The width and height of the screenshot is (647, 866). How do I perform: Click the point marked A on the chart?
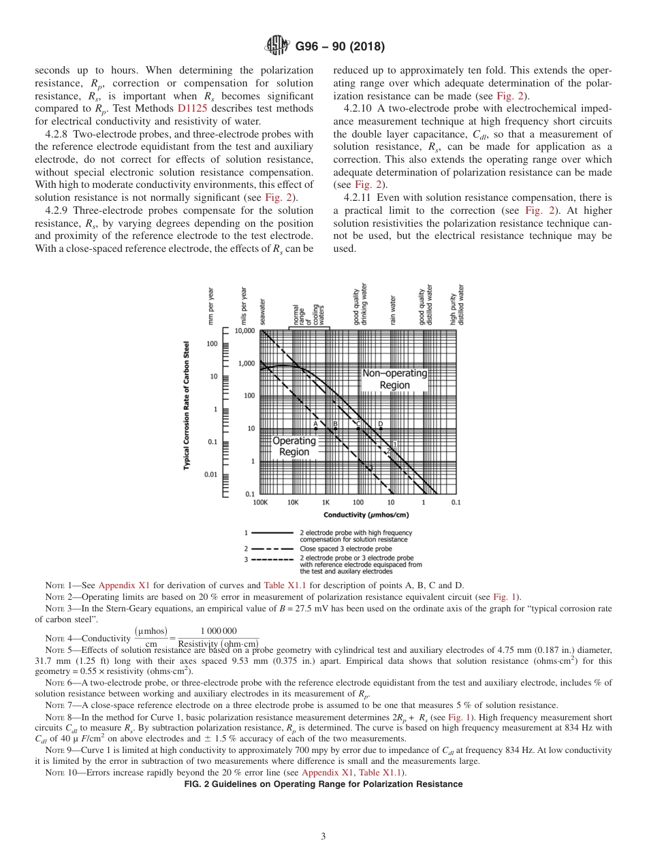[x=315, y=429]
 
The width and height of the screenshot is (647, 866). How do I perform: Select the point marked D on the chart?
[x=380, y=429]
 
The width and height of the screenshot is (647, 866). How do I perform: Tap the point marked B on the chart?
[x=335, y=429]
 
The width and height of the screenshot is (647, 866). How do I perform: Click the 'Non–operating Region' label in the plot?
[x=394, y=379]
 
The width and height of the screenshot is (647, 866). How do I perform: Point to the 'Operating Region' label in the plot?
[x=294, y=446]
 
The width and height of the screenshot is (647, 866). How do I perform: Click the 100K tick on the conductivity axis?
[x=260, y=503]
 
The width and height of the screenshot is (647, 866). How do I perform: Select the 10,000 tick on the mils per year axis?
[x=244, y=331]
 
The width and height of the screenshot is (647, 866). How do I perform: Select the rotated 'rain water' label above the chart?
[x=393, y=310]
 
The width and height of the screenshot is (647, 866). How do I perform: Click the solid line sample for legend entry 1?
[x=272, y=532]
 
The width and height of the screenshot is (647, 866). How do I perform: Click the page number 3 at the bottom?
[x=323, y=837]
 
